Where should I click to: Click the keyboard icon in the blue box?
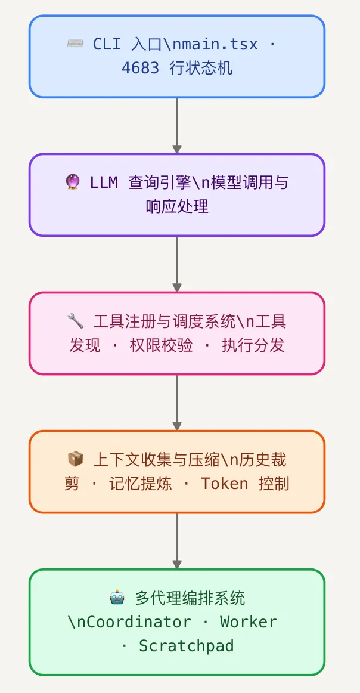(x=75, y=44)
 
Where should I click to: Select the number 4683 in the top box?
(x=141, y=68)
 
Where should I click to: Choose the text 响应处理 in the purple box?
(x=177, y=206)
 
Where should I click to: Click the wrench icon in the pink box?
(x=76, y=321)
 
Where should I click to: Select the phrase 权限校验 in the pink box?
(x=161, y=345)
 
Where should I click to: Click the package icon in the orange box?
(x=76, y=460)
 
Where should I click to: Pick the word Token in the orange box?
(x=224, y=483)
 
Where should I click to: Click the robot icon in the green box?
(x=117, y=598)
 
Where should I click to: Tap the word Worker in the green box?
(x=249, y=622)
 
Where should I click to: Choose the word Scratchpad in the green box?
(x=186, y=645)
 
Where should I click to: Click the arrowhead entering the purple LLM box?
(x=177, y=149)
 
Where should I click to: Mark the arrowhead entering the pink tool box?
(x=177, y=287)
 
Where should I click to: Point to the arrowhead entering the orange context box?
(x=177, y=426)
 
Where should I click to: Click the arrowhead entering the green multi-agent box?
(x=177, y=564)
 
